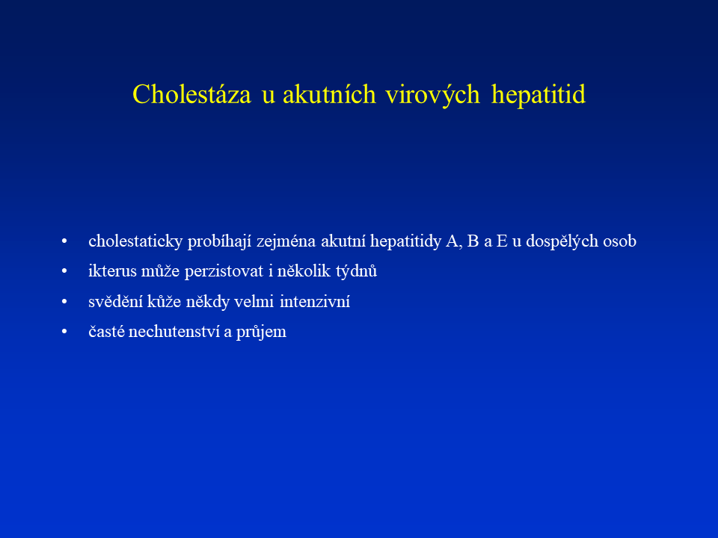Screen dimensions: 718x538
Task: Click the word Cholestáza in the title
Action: [x=192, y=94]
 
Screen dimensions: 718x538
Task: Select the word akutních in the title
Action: [x=329, y=94]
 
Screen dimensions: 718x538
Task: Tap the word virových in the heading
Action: [x=433, y=95]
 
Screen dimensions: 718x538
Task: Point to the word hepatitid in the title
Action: [x=538, y=95]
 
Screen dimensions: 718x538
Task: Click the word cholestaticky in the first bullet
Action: [x=135, y=241]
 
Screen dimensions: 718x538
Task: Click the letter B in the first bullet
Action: [x=473, y=241]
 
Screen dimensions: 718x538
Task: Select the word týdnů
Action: [x=357, y=271]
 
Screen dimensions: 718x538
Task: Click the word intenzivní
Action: [x=315, y=301]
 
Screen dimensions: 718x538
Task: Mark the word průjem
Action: [x=262, y=332]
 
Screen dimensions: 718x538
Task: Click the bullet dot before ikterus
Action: [x=64, y=271]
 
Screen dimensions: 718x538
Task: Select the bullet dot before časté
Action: [x=64, y=332]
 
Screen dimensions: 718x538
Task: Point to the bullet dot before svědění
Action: [x=64, y=301]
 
